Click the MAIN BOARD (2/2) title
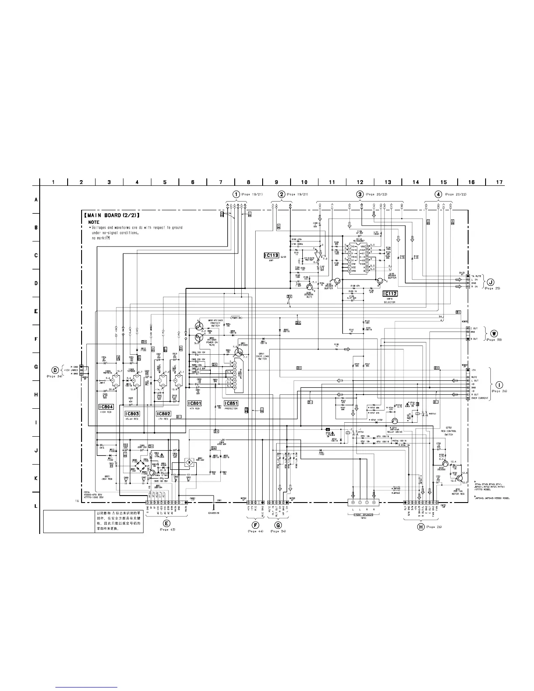112,216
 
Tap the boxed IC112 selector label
390,294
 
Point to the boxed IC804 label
106,406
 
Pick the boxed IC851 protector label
231,404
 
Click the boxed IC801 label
194,404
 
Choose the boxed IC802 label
164,413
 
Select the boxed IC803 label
132,413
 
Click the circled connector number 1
236,194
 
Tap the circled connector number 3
359,194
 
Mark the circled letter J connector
491,281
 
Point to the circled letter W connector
494,333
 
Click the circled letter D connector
55,370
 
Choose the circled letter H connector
421,527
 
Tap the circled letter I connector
499,384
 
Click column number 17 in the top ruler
499,182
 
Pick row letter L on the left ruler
36,506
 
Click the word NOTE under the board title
93,222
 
